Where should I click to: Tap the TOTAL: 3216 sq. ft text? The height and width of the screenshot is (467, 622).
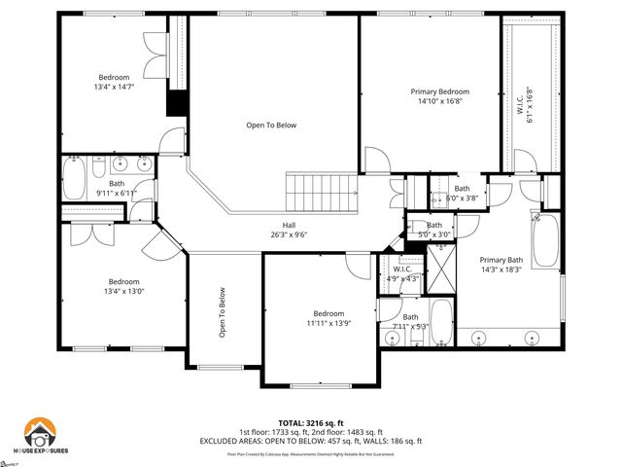tap(311, 422)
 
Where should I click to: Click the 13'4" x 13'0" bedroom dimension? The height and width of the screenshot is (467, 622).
tap(124, 291)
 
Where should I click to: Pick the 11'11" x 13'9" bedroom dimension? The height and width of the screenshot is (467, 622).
tap(328, 322)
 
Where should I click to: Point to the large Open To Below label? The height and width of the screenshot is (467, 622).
tap(271, 126)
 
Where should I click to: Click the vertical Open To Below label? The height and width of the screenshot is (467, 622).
tap(223, 311)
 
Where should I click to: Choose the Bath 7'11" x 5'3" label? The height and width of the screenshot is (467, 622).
tap(410, 321)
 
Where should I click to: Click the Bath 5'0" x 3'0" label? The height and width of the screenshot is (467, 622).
tap(433, 230)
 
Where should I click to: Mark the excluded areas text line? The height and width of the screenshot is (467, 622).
tap(311, 441)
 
